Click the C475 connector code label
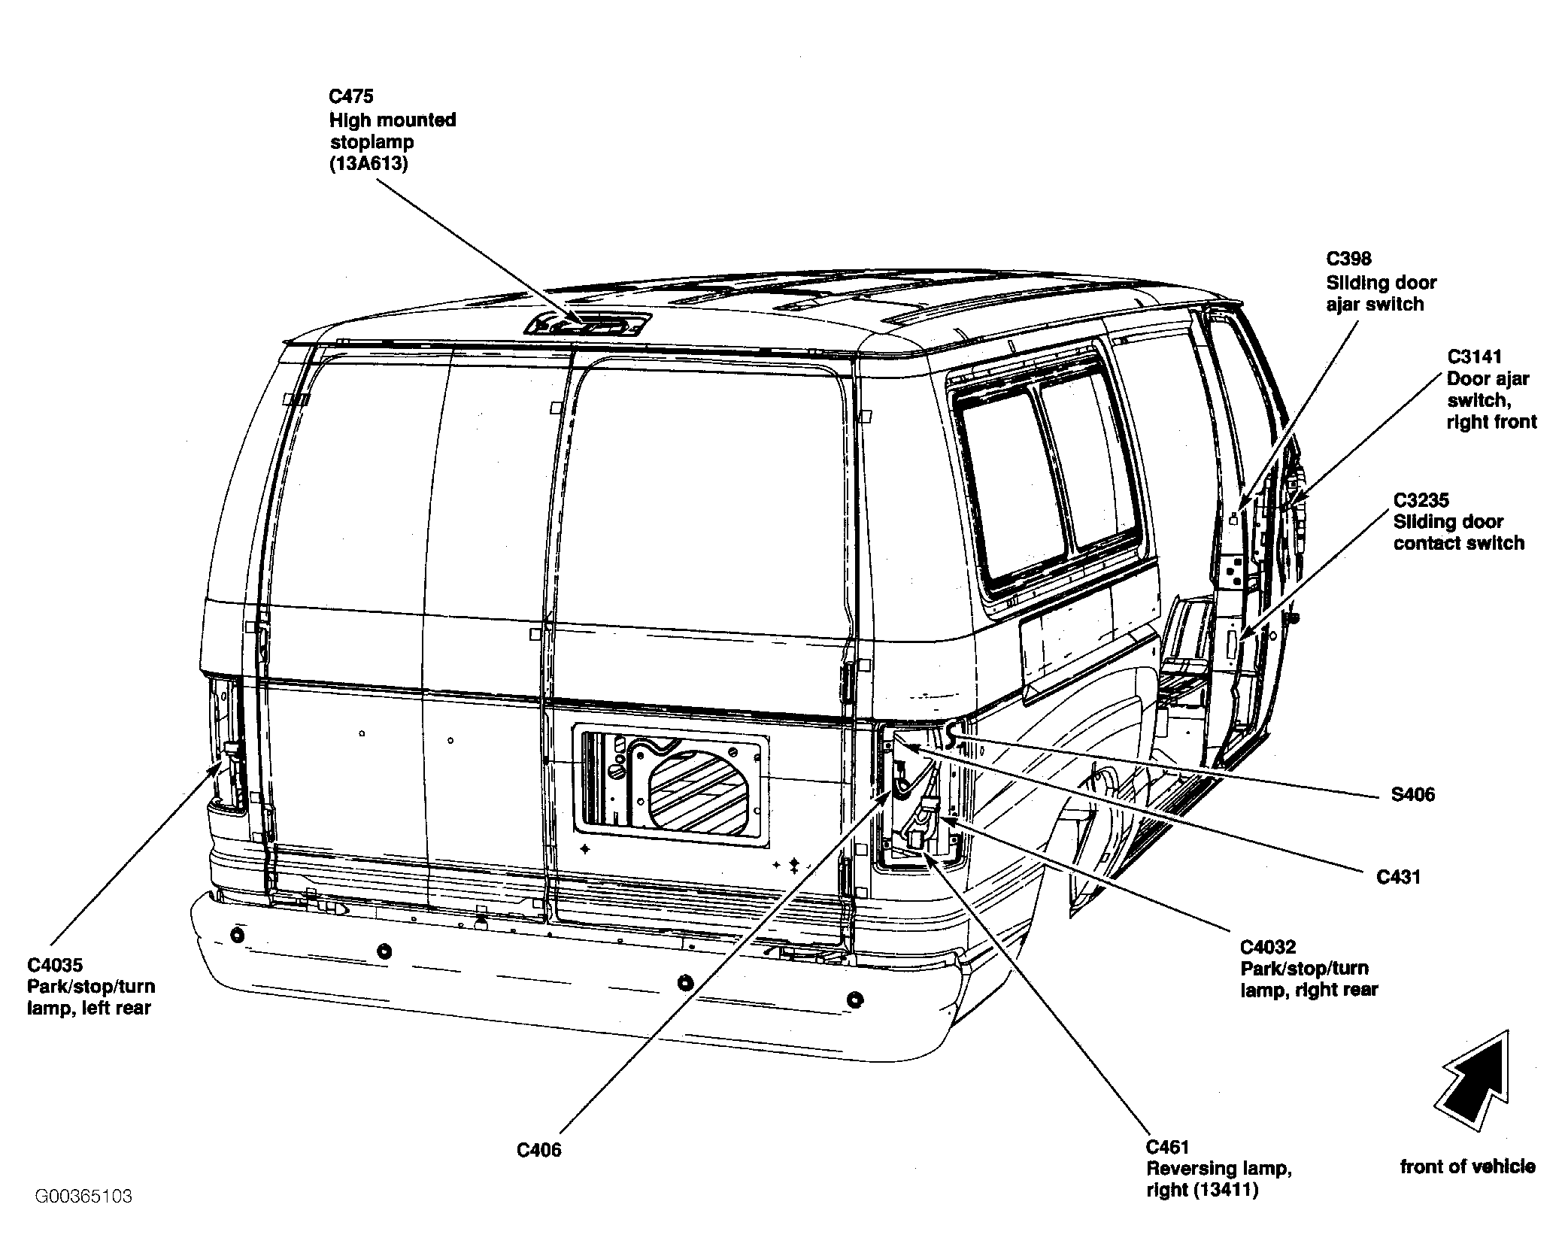pos(351,96)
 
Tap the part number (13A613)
pos(369,164)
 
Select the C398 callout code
pos(1349,259)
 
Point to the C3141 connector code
pos(1475,356)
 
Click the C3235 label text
pos(1421,500)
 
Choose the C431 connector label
pos(1399,877)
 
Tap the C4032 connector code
pos(1269,947)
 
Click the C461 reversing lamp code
pos(1169,1147)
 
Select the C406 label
pos(539,1150)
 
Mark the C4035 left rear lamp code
pos(55,965)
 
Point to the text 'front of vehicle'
pos(1468,1166)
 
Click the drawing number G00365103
pos(83,1196)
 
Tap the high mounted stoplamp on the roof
pos(588,324)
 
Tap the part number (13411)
pos(1224,1191)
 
